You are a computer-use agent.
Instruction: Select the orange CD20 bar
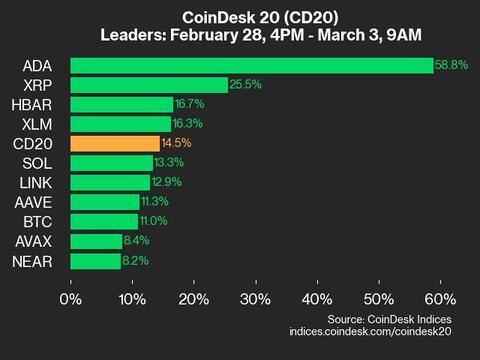[x=115, y=143]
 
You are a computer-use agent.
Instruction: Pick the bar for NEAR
[x=96, y=261]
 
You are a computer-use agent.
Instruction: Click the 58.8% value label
[x=448, y=65]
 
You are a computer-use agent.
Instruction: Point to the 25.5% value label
[x=243, y=85]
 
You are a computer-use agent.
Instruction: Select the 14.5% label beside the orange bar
[x=176, y=143]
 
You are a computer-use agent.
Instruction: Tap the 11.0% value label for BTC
[x=154, y=221]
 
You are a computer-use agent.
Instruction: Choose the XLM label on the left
[x=35, y=124]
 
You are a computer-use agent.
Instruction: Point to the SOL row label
[x=34, y=163]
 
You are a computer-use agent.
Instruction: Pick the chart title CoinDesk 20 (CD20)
[x=240, y=17]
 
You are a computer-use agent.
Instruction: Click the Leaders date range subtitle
[x=240, y=37]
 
